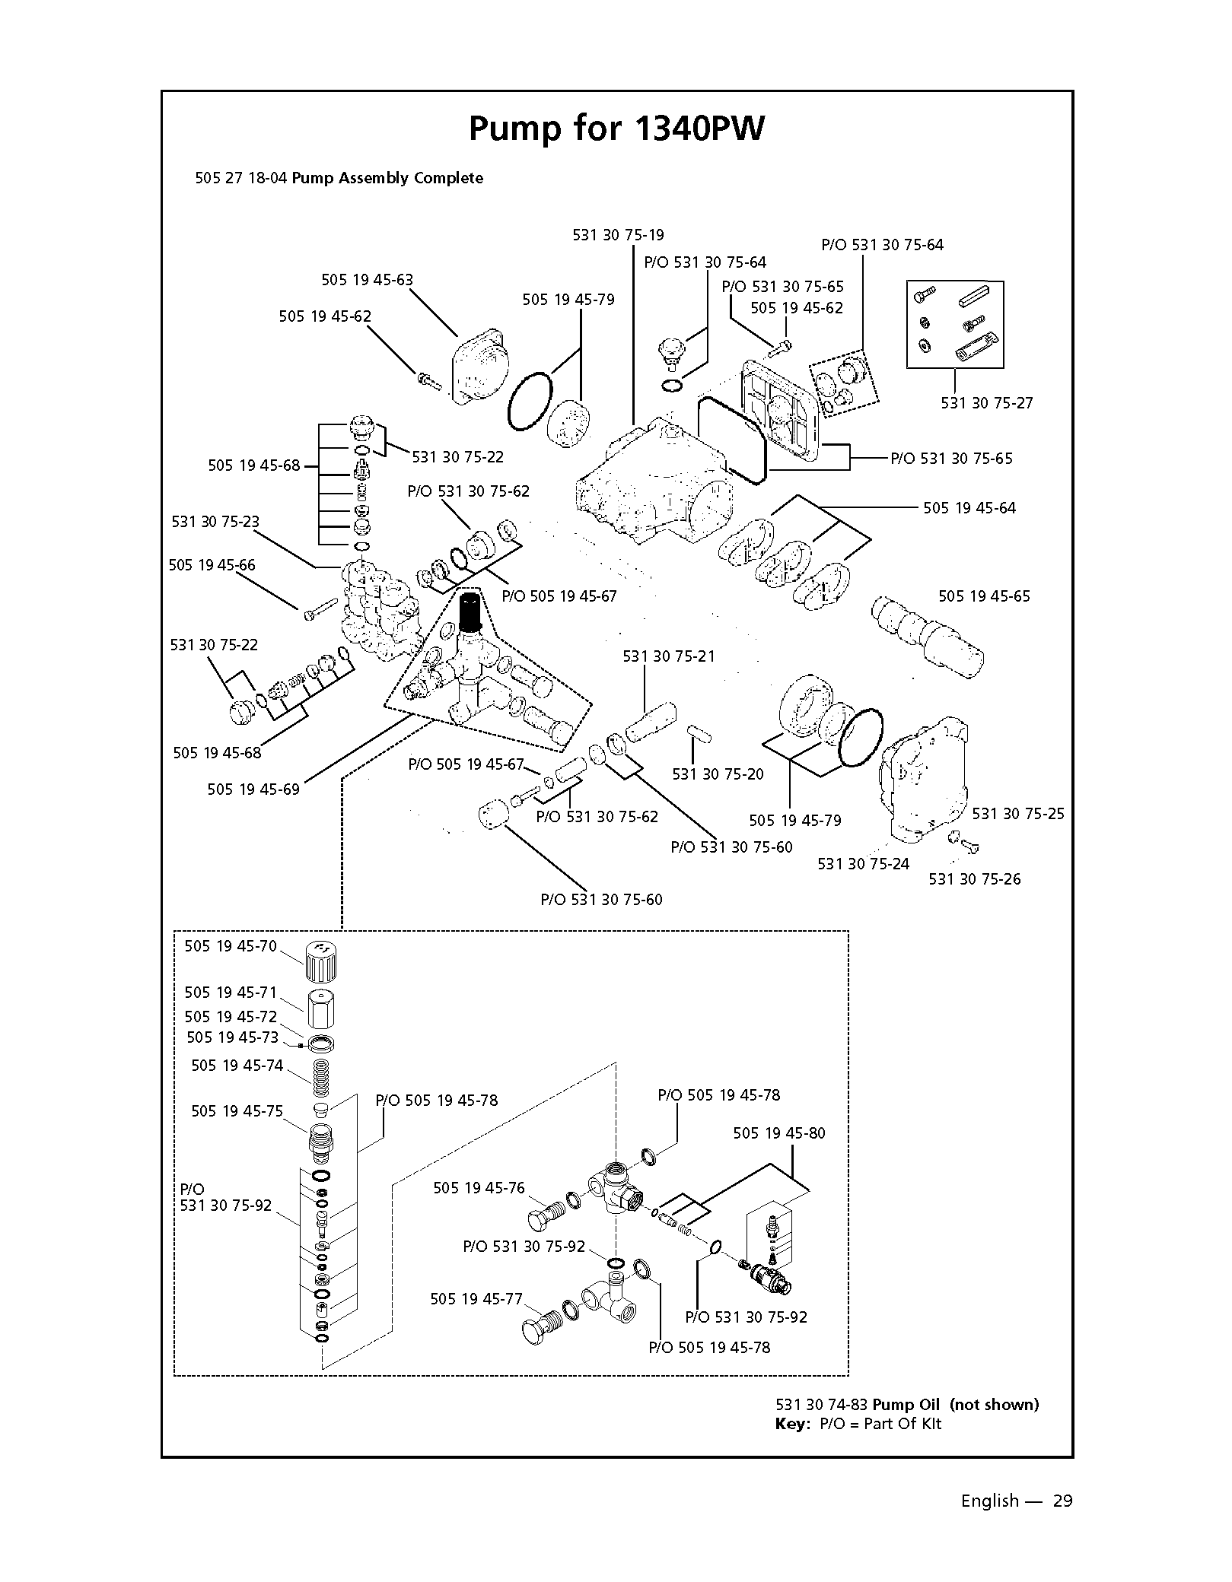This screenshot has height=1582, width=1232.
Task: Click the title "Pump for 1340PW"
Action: point(616,129)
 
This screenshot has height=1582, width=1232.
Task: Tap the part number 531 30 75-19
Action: point(618,235)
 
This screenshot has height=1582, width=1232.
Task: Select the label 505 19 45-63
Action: point(367,280)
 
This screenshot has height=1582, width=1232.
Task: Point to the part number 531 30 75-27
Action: point(987,403)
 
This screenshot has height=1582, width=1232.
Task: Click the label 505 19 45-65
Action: point(984,596)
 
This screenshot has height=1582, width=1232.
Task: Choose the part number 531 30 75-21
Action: point(669,656)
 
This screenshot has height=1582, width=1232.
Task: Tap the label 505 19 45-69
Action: point(253,789)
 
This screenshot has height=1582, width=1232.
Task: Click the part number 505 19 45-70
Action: point(231,946)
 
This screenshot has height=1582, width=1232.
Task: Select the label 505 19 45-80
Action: point(778,1133)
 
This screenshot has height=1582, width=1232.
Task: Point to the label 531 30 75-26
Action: point(975,879)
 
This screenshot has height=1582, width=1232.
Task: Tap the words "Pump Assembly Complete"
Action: point(387,179)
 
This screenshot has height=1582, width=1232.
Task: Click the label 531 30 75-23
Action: point(215,522)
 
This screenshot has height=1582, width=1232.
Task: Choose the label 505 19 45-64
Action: point(969,508)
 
